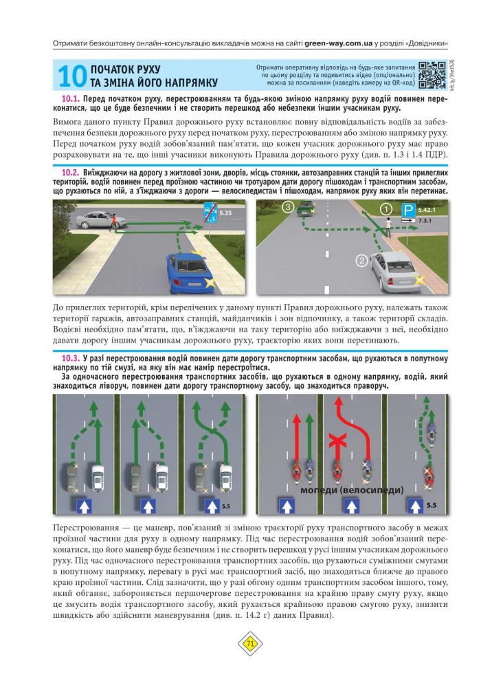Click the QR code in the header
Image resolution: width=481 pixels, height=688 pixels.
pyautogui.click(x=431, y=74)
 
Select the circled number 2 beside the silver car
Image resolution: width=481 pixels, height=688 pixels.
pyautogui.click(x=362, y=260)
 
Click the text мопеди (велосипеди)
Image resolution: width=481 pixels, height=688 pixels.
pyautogui.click(x=351, y=490)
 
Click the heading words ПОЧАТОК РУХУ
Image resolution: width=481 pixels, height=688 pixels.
pyautogui.click(x=125, y=70)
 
